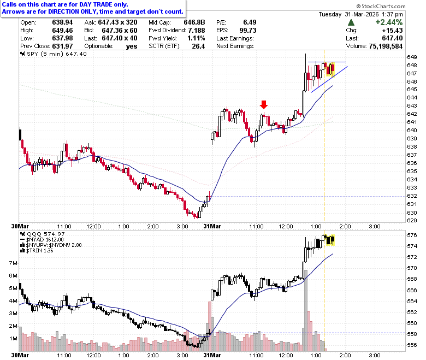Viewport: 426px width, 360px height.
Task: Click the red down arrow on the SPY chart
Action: (x=264, y=104)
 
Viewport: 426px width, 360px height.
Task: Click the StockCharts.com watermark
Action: (x=381, y=6)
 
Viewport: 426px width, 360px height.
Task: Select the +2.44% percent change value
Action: (x=389, y=22)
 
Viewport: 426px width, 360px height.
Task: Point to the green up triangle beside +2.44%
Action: (x=351, y=22)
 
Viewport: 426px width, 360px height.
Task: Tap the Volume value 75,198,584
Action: (x=386, y=46)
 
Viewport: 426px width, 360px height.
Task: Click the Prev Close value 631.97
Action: (x=62, y=46)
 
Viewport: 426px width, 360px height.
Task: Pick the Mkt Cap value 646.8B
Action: (x=194, y=22)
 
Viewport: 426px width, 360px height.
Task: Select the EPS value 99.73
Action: (x=248, y=31)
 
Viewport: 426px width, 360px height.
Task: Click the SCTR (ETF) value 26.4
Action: (x=198, y=46)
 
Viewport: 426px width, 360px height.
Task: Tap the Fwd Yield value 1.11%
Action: (x=196, y=38)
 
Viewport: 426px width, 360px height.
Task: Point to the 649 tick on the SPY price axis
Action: (x=412, y=57)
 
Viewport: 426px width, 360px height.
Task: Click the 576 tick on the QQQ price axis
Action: (x=412, y=235)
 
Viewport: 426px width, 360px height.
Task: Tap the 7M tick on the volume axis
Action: (x=13, y=263)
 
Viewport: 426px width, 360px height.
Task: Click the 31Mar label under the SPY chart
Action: (x=212, y=226)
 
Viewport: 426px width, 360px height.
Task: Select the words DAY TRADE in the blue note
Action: (x=96, y=4)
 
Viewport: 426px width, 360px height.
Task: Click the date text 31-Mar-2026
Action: (x=362, y=14)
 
